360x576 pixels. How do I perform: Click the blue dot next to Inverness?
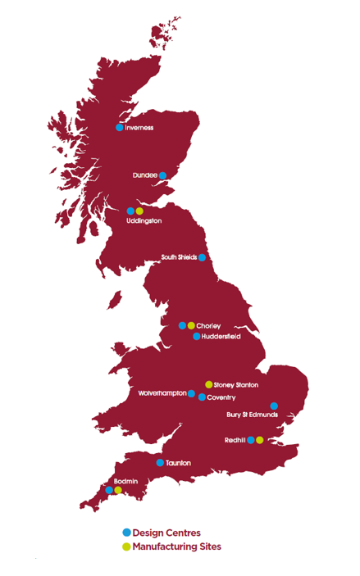click(120, 127)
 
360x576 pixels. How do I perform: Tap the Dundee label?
click(144, 175)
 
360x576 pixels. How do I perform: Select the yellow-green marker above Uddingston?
click(139, 211)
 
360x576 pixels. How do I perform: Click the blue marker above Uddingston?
click(130, 211)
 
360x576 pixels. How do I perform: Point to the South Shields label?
click(178, 257)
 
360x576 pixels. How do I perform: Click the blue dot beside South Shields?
click(202, 257)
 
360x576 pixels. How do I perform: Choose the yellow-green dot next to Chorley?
click(191, 325)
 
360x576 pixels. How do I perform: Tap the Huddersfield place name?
click(221, 336)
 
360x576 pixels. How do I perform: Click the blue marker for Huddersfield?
click(197, 336)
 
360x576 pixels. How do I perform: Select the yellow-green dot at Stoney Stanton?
click(209, 384)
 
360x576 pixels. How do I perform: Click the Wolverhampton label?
click(162, 394)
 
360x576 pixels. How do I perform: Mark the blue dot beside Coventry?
click(202, 397)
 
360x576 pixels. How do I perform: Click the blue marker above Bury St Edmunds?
click(274, 406)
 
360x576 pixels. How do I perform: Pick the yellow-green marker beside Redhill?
click(260, 440)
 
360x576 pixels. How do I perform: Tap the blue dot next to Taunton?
click(160, 463)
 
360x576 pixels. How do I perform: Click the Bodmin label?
click(114, 480)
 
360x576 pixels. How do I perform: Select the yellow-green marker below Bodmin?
click(118, 490)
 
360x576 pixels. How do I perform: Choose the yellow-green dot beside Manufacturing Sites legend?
click(126, 547)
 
